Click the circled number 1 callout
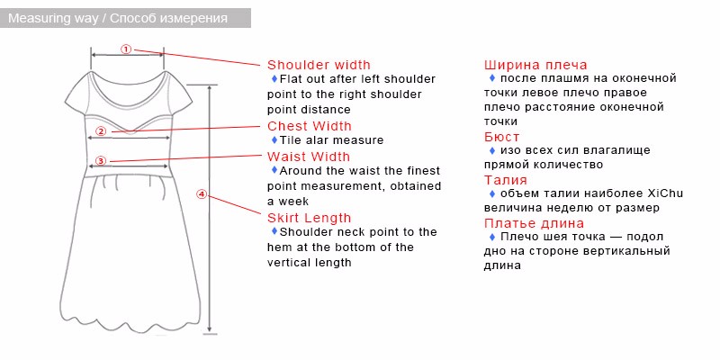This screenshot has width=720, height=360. [x=126, y=49]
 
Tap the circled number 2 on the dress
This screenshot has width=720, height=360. [x=101, y=131]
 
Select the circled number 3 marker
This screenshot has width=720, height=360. [x=101, y=161]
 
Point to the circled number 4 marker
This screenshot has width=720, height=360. [x=202, y=194]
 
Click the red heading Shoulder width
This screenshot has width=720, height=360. [x=319, y=65]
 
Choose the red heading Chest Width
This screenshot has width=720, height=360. [x=310, y=126]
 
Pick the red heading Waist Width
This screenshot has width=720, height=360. [x=309, y=157]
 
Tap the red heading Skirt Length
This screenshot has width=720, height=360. [x=309, y=218]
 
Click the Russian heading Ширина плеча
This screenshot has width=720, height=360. [x=535, y=65]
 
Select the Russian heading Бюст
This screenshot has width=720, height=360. [x=502, y=137]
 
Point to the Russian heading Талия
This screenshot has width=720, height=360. [x=506, y=179]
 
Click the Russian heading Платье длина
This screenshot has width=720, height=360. [x=534, y=223]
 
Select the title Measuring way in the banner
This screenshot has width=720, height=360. [x=53, y=18]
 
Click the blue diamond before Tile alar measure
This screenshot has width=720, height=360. [x=274, y=139]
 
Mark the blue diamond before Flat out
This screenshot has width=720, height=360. [x=274, y=78]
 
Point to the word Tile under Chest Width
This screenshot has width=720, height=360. [x=290, y=140]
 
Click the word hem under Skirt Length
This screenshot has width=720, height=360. [x=279, y=247]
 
